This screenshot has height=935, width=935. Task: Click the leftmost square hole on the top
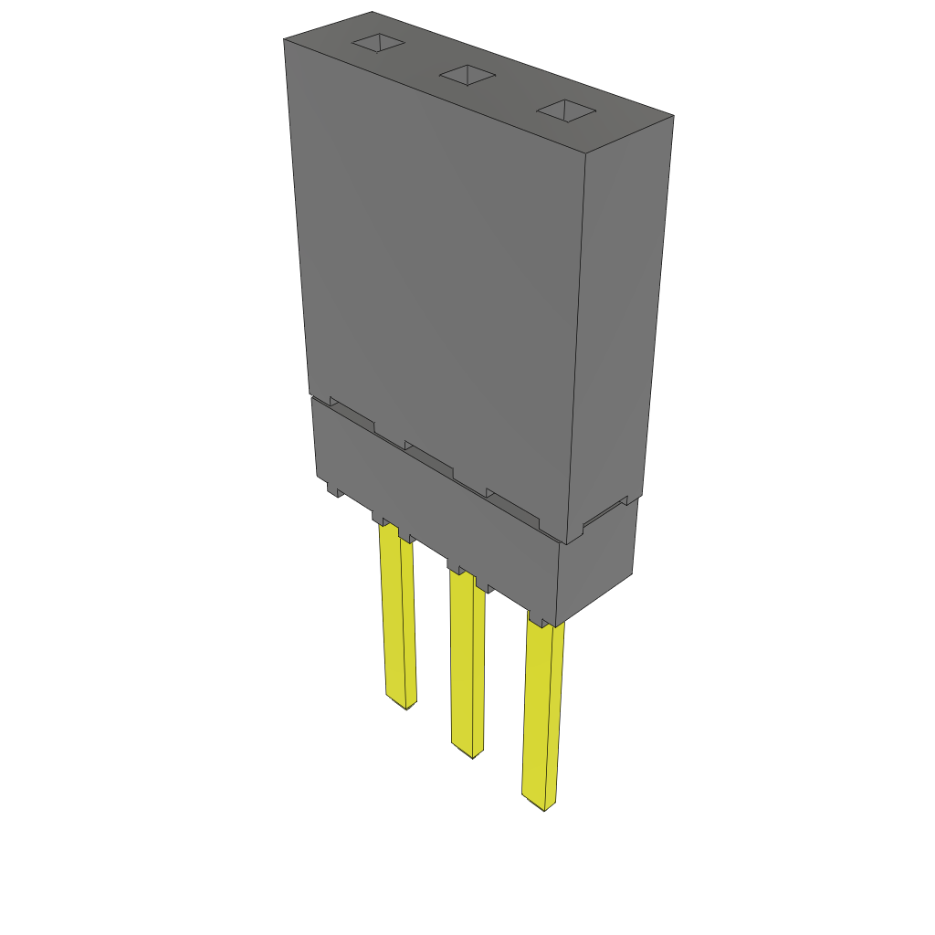pyautogui.click(x=378, y=43)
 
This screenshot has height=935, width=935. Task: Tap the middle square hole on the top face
pyautogui.click(x=467, y=76)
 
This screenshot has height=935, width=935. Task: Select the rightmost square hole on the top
pyautogui.click(x=566, y=111)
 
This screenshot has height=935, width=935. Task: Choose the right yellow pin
pyautogui.click(x=541, y=712)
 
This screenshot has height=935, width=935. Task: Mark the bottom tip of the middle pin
pyautogui.click(x=471, y=755)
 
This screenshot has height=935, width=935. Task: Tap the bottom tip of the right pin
pyautogui.click(x=544, y=809)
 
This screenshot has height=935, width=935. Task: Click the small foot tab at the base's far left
pyautogui.click(x=335, y=491)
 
